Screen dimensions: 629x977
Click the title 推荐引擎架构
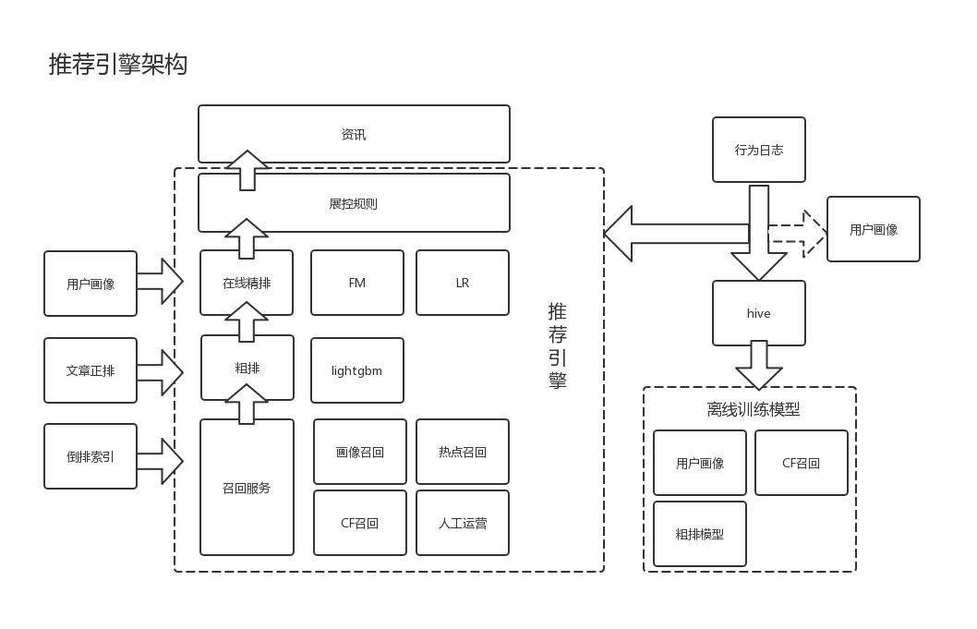click(118, 65)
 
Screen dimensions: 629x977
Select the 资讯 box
click(354, 134)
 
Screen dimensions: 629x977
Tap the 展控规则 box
click(354, 203)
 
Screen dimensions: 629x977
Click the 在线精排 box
click(247, 283)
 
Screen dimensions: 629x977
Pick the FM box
click(357, 283)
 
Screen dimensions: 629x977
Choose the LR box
click(463, 283)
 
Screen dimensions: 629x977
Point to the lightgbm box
click(357, 370)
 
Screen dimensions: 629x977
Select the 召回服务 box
click(247, 488)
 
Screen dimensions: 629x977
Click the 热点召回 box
click(463, 452)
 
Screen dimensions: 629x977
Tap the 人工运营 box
click(463, 523)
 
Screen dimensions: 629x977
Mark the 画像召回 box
click(360, 452)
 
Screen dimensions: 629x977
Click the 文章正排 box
click(90, 370)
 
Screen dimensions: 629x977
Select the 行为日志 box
click(759, 150)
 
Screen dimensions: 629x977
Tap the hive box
click(759, 313)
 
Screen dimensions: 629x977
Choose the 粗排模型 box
click(700, 534)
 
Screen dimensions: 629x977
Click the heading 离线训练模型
click(754, 409)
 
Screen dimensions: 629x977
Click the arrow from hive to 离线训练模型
click(759, 365)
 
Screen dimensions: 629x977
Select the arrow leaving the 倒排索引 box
click(161, 461)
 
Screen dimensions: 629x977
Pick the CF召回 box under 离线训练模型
click(802, 463)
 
